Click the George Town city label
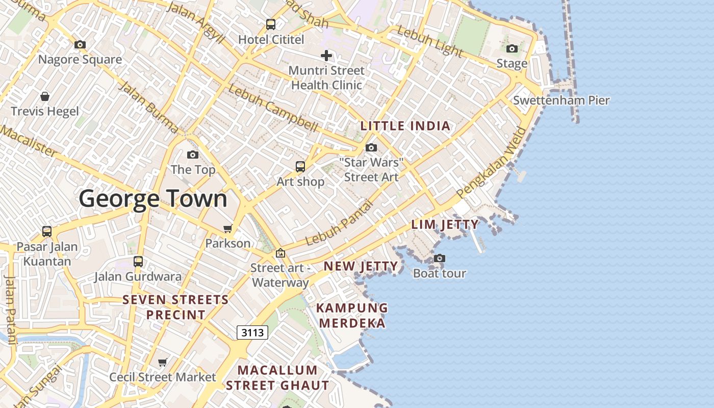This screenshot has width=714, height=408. [153, 198]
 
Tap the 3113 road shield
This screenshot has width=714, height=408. [252, 333]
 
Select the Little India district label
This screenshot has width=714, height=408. [405, 126]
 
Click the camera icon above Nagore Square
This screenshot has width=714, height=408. [80, 45]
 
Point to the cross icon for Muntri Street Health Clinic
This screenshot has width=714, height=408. [326, 56]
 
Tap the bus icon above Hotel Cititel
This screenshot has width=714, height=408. [271, 24]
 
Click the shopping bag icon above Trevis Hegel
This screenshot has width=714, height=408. [45, 96]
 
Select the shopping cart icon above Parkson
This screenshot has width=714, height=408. [228, 228]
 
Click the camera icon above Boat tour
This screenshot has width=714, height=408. [440, 259]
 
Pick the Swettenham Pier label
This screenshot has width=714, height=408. [561, 100]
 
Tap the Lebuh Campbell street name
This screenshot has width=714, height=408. [273, 107]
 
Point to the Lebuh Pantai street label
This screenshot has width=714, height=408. [340, 222]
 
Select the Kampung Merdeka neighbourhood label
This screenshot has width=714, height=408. [352, 316]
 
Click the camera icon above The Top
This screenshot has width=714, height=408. [193, 155]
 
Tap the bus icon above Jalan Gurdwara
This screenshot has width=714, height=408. [138, 262]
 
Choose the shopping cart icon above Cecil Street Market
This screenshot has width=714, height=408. [163, 362]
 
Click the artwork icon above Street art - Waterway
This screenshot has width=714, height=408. [280, 253]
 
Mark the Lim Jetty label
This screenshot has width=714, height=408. [445, 224]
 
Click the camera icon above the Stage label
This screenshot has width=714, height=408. [512, 49]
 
